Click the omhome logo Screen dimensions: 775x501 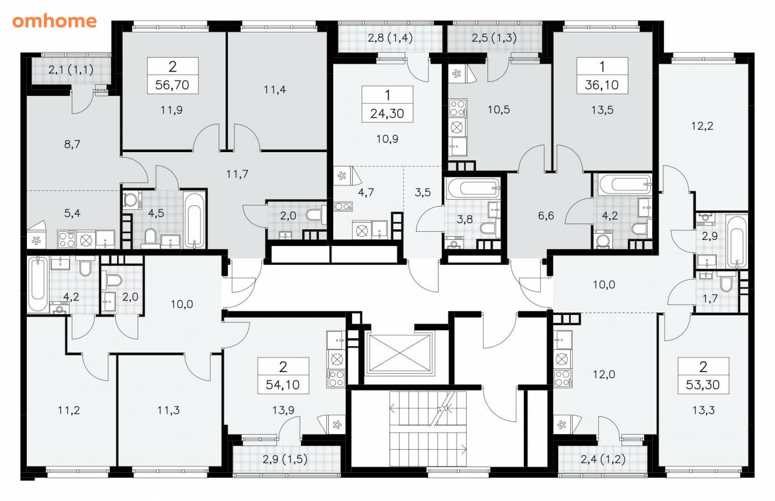[x=55, y=21]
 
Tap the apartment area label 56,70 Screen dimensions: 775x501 [x=172, y=85]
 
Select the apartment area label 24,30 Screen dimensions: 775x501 [x=387, y=113]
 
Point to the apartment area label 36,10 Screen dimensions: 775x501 [x=602, y=85]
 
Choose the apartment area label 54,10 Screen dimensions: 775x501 [x=283, y=385]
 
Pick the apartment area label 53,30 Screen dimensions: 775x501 [x=703, y=385]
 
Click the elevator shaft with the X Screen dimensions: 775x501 [x=399, y=354]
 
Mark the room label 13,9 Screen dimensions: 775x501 [x=283, y=410]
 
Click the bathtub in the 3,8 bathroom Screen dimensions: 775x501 [x=473, y=189]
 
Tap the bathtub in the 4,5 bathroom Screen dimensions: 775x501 [x=194, y=219]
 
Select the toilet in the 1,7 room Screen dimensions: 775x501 [x=725, y=282]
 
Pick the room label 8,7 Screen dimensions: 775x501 [x=72, y=144]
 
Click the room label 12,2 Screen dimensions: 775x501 [x=702, y=126]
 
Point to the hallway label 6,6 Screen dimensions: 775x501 [x=546, y=216]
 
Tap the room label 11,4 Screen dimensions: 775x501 [x=274, y=90]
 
